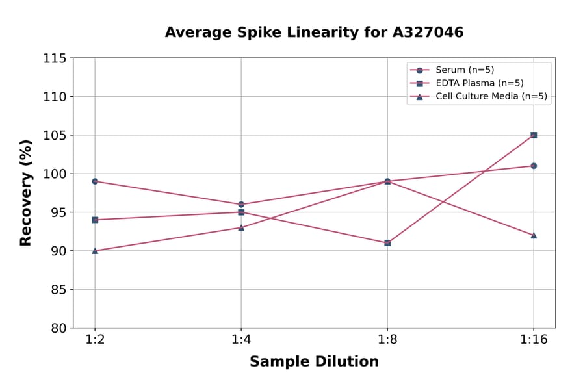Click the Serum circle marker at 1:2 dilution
click(95, 181)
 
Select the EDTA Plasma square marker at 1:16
click(534, 135)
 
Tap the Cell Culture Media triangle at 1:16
click(534, 235)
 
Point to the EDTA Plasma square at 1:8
click(387, 243)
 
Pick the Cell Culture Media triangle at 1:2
click(95, 251)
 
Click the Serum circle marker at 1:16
click(534, 166)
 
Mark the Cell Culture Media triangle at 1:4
click(241, 227)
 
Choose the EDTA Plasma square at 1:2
click(95, 220)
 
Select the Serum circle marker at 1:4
click(241, 205)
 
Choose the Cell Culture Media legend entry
click(491, 97)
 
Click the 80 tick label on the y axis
click(58, 328)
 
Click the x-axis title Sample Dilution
click(314, 362)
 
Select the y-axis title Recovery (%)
click(26, 193)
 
